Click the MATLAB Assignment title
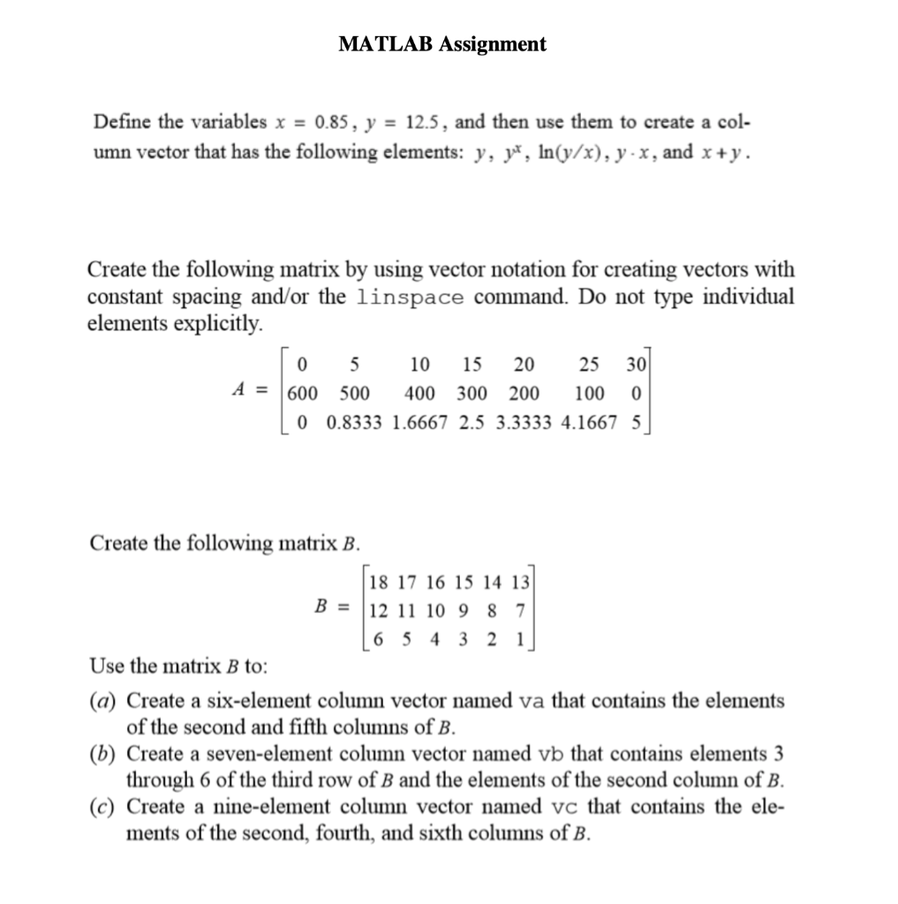click(x=442, y=43)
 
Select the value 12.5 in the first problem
click(x=412, y=122)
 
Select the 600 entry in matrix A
click(x=302, y=392)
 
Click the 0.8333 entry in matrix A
click(x=355, y=421)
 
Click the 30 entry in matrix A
click(x=635, y=363)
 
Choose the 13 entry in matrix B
click(x=520, y=582)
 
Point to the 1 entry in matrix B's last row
click(x=519, y=637)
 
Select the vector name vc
click(x=562, y=807)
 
